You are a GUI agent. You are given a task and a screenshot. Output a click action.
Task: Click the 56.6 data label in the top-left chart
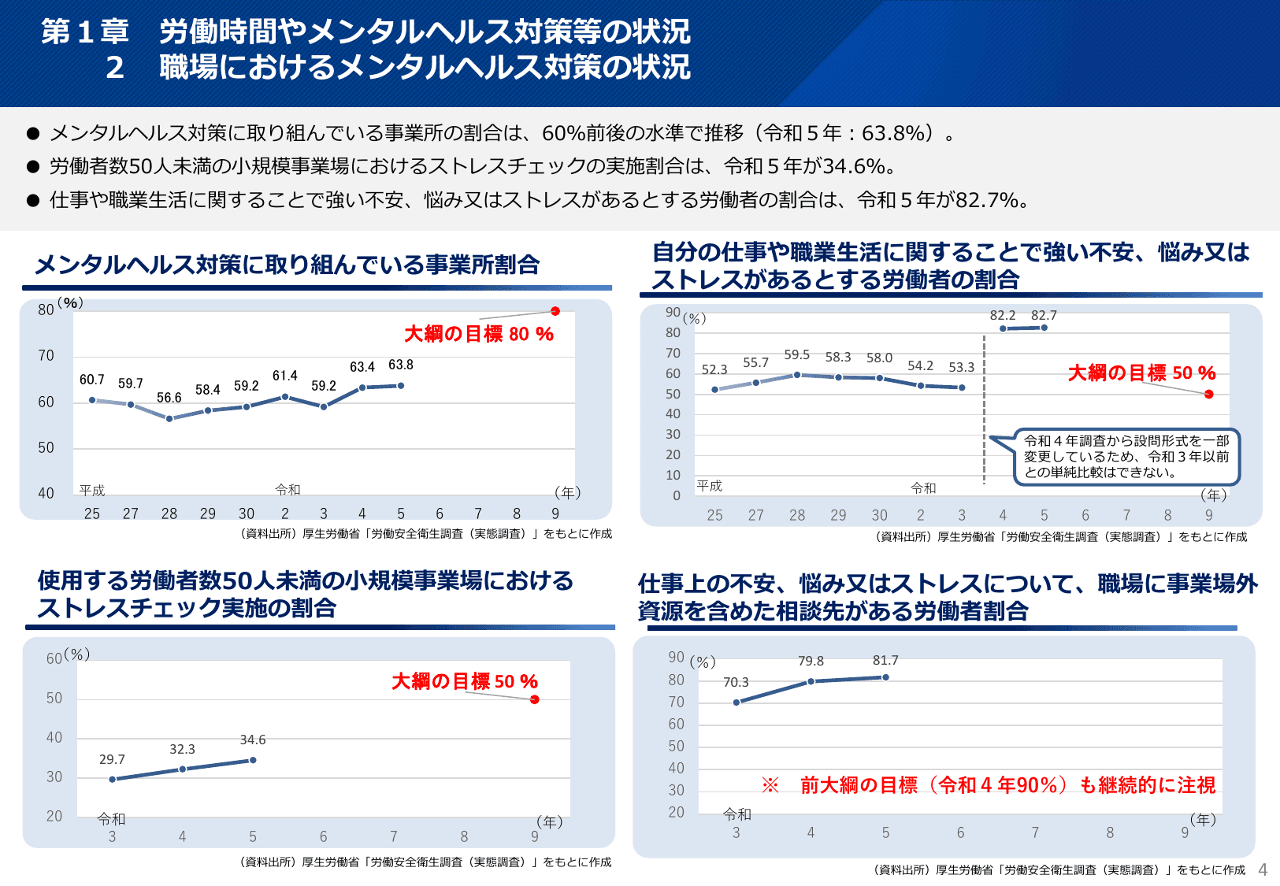169,398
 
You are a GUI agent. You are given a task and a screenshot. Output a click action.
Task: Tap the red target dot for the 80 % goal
555,311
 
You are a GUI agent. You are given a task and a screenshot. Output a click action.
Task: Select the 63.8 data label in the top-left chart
400,365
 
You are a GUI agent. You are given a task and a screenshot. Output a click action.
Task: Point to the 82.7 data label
1044,315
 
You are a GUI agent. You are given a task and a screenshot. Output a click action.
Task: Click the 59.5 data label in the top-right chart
796,355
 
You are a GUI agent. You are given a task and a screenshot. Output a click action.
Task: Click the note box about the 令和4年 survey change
1126,457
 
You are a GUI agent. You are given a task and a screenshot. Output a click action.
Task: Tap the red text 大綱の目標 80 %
479,334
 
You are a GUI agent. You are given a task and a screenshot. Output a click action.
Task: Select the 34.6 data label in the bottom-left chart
253,740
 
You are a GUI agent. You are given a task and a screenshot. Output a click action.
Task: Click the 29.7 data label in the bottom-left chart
112,759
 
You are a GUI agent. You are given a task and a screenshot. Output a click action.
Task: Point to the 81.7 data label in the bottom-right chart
885,660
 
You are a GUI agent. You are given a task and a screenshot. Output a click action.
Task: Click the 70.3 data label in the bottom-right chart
736,682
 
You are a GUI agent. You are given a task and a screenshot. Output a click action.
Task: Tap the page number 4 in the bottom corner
1263,869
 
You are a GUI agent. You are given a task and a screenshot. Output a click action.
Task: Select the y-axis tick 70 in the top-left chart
46,356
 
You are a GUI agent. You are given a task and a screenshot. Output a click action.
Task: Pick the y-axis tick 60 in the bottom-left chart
54,658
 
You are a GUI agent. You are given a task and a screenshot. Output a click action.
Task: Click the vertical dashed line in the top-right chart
984,410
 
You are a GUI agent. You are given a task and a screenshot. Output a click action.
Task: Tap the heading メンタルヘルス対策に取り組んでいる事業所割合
287,265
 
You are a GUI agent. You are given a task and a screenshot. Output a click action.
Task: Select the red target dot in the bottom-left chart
535,699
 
